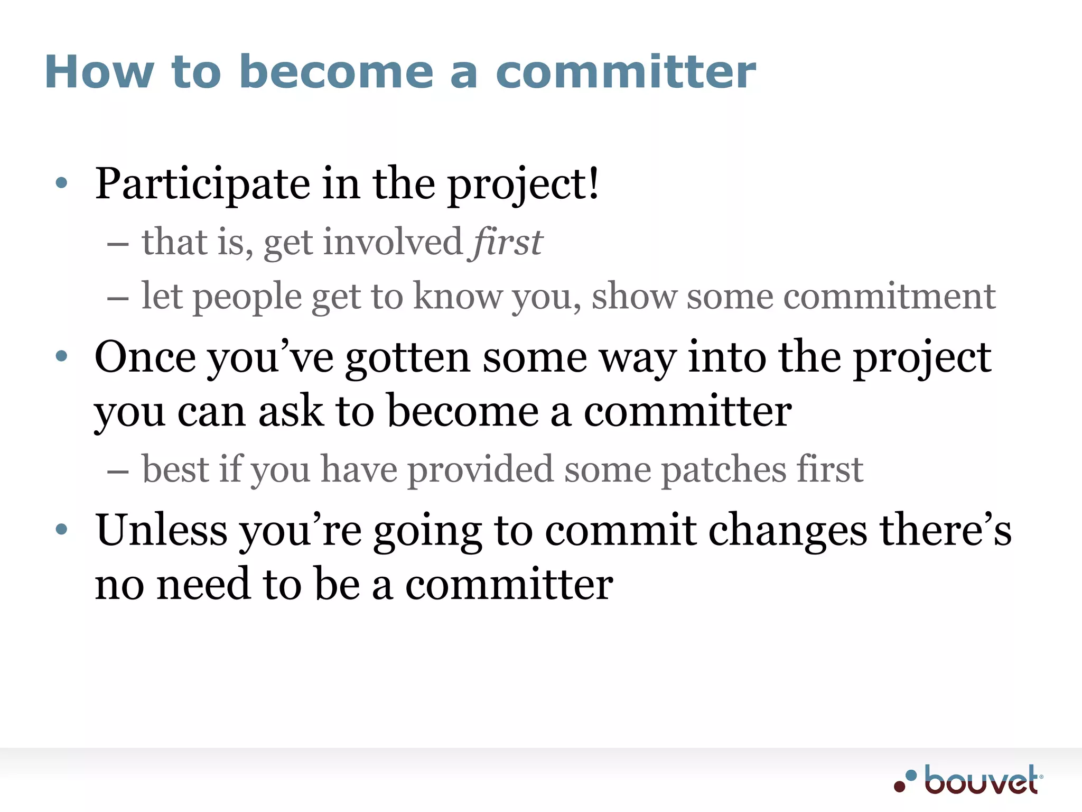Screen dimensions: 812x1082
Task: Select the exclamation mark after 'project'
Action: click(x=594, y=183)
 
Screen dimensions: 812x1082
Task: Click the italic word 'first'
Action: click(x=507, y=242)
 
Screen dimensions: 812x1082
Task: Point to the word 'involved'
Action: click(x=393, y=242)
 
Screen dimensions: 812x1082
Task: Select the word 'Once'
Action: click(x=145, y=357)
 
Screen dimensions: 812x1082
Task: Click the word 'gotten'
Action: click(x=408, y=357)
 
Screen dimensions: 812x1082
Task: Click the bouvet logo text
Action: click(x=981, y=780)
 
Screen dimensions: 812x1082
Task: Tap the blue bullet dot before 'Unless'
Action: click(x=62, y=529)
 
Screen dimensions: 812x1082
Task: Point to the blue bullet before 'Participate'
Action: click(x=62, y=183)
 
